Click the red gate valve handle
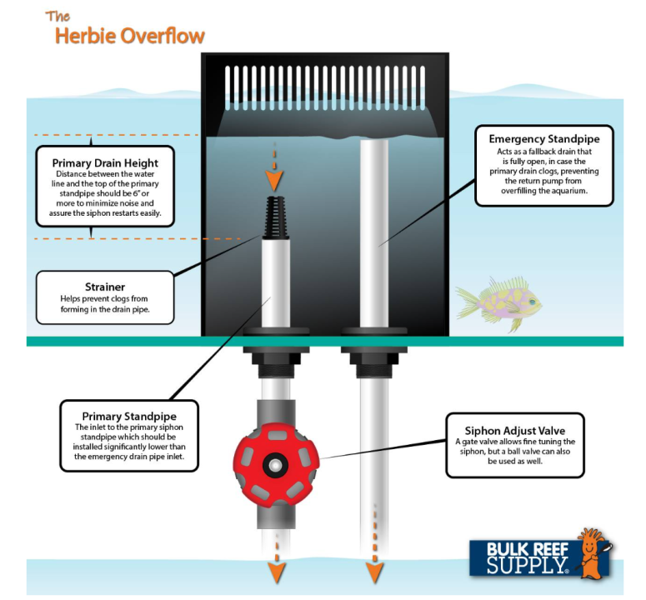pyautogui.click(x=276, y=465)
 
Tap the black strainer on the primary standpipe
pyautogui.click(x=276, y=217)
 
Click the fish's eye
pyautogui.click(x=533, y=302)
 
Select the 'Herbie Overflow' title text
pyautogui.click(x=130, y=36)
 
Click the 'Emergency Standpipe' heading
pyautogui.click(x=543, y=139)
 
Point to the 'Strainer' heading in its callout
pyautogui.click(x=105, y=287)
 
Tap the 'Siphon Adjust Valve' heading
pyautogui.click(x=514, y=431)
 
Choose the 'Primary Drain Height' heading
pyautogui.click(x=105, y=163)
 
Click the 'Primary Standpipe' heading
pyautogui.click(x=129, y=417)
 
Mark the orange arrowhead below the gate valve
pyautogui.click(x=277, y=572)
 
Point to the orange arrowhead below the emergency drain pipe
pyautogui.click(x=374, y=572)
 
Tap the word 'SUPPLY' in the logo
pyautogui.click(x=527, y=565)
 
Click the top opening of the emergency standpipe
pyautogui.click(x=374, y=141)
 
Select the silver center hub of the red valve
pyautogui.click(x=275, y=465)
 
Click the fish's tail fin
pyautogui.click(x=467, y=302)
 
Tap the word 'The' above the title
pyautogui.click(x=58, y=17)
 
